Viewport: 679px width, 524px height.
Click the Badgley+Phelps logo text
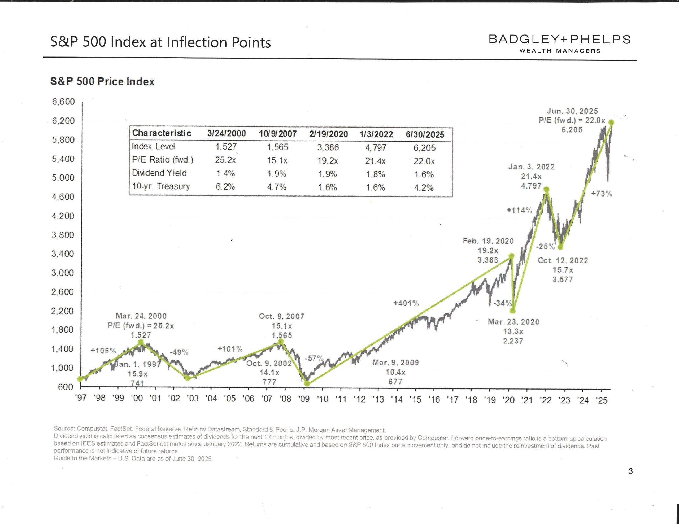[x=560, y=40]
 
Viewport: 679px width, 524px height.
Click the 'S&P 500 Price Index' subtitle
[x=102, y=81]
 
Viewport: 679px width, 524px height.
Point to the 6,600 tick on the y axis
[x=63, y=102]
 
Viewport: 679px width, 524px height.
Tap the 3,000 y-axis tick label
[x=63, y=273]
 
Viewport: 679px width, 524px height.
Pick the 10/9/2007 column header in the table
[x=278, y=134]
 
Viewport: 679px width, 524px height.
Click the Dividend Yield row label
[x=159, y=173]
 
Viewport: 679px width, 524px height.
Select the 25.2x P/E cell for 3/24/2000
[x=225, y=160]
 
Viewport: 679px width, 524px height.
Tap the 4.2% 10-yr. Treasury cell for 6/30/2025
[x=424, y=188]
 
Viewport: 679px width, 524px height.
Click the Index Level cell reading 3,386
[x=328, y=147]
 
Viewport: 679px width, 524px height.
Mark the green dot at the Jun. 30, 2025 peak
[x=611, y=123]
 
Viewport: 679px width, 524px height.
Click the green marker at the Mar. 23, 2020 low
[x=513, y=311]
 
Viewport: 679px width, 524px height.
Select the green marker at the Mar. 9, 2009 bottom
[x=307, y=384]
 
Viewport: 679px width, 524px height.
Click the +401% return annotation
[x=406, y=303]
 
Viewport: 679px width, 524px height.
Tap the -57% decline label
[x=314, y=358]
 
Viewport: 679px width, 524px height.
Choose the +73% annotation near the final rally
[x=602, y=194]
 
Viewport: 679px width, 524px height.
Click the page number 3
[x=630, y=471]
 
